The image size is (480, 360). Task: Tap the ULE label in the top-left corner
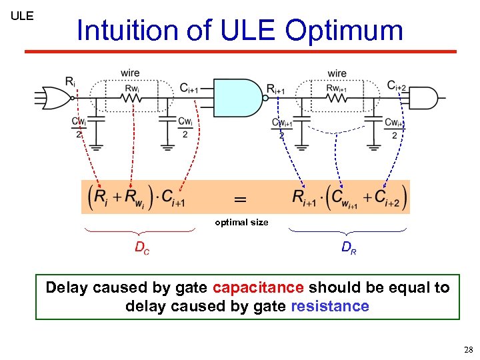click(22, 15)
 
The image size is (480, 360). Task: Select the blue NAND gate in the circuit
click(236, 99)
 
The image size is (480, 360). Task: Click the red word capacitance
click(259, 287)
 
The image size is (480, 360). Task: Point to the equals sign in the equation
click(240, 199)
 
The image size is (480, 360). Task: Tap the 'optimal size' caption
click(241, 222)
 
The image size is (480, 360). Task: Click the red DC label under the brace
click(142, 247)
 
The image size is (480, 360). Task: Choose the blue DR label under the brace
click(349, 247)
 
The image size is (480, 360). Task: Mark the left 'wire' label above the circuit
click(130, 73)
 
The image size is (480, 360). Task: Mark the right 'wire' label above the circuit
click(337, 73)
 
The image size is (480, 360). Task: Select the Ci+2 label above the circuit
click(397, 86)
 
